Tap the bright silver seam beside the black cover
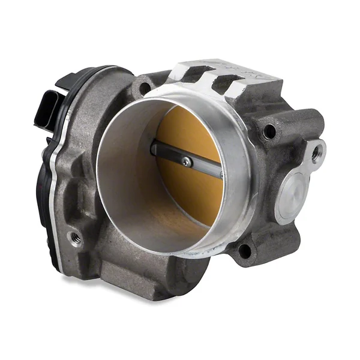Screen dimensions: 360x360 (x=56, y=198)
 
